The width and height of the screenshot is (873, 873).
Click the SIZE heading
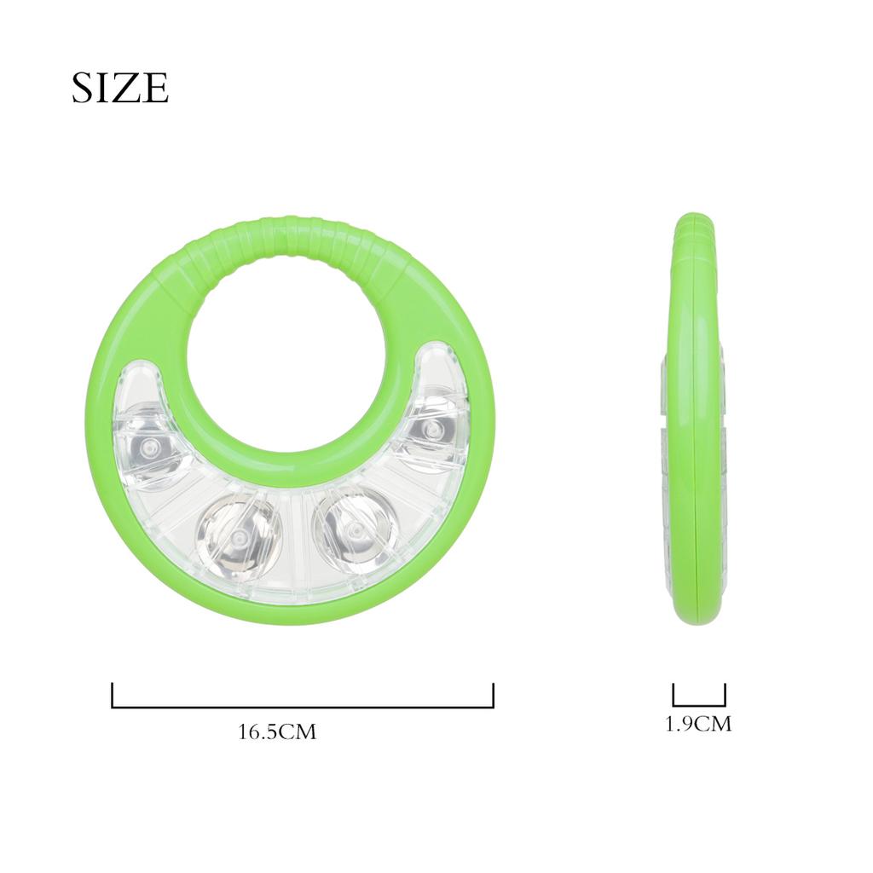[119, 88]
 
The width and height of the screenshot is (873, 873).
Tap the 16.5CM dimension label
[277, 731]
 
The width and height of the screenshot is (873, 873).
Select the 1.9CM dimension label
[698, 725]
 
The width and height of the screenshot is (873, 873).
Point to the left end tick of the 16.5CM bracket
[113, 694]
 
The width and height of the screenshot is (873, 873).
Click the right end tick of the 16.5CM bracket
[493, 694]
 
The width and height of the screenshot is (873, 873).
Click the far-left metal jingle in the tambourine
[151, 448]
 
